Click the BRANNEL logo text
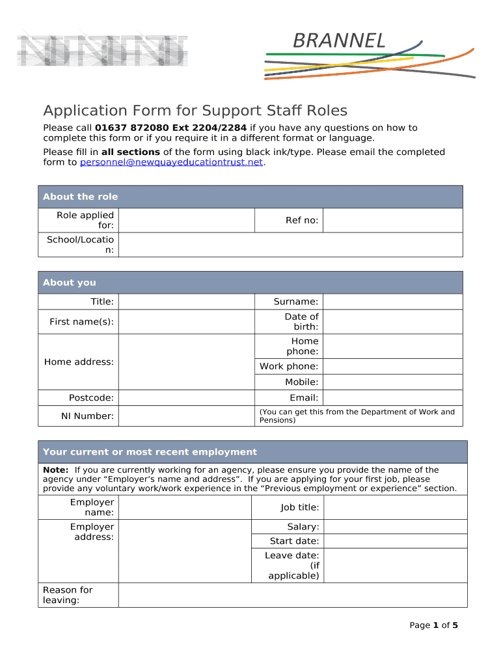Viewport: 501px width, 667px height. [339, 41]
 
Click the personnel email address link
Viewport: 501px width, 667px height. [171, 162]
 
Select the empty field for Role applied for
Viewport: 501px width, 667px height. [185, 220]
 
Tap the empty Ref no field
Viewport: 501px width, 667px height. [392, 220]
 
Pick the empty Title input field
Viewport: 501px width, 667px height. [185, 302]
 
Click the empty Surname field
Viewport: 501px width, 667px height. [392, 302]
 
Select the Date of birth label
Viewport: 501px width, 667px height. [301, 322]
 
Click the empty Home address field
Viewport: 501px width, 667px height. [185, 362]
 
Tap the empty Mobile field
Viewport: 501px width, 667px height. [392, 382]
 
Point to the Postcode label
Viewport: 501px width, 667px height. [91, 398]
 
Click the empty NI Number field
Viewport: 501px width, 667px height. [185, 416]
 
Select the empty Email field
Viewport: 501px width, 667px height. [392, 398]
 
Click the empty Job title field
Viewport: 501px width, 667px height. [395, 507]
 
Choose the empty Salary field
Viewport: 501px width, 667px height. [395, 527]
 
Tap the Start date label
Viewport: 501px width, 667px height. [294, 541]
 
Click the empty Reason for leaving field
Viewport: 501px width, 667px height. [293, 595]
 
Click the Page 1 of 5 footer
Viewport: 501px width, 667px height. [433, 625]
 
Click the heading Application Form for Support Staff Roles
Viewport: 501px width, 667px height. [195, 111]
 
